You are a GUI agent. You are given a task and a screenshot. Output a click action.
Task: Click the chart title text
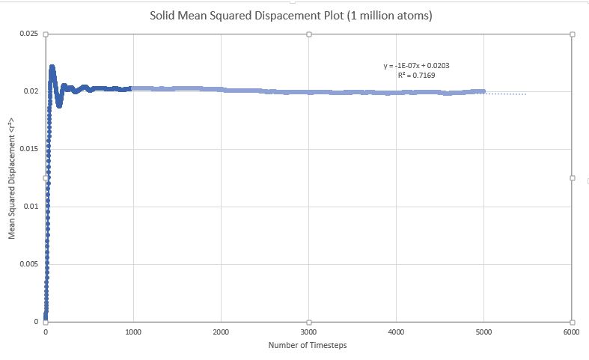click(x=294, y=14)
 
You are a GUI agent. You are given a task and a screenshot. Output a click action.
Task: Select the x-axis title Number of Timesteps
click(x=308, y=345)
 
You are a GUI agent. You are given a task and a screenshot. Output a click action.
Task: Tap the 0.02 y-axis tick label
click(x=32, y=91)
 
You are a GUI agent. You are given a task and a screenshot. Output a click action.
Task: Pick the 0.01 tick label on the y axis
click(x=32, y=207)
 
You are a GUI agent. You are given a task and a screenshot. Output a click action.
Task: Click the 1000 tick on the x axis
click(x=133, y=331)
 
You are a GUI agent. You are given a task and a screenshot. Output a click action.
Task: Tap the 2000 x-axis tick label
click(x=221, y=331)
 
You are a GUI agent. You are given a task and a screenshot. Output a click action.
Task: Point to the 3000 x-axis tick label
click(x=308, y=331)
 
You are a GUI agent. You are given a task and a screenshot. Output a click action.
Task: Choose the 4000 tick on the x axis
click(x=397, y=331)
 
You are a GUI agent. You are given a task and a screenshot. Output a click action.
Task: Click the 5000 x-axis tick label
click(x=484, y=331)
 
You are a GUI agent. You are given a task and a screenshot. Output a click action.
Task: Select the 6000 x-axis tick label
click(x=571, y=331)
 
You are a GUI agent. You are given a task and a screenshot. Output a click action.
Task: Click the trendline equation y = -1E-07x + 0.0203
click(x=417, y=66)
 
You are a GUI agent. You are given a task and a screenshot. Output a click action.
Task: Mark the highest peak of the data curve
click(x=52, y=67)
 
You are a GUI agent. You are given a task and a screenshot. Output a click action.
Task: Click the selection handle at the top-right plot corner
click(x=573, y=34)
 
